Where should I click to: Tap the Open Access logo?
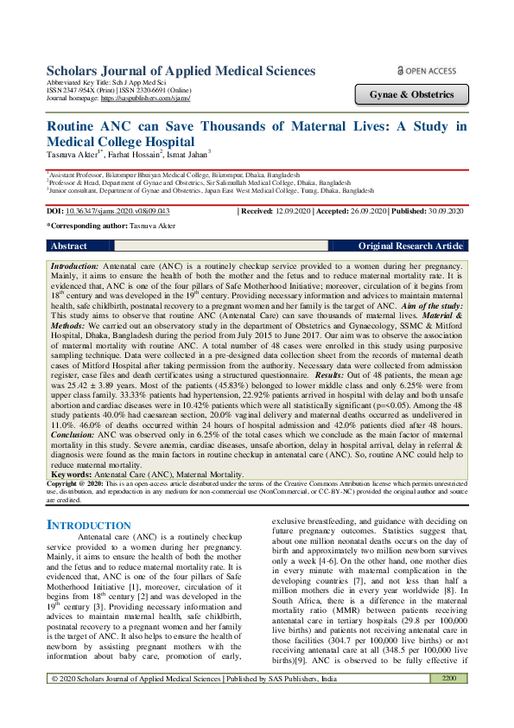(426, 70)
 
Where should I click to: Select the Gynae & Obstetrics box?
(411, 93)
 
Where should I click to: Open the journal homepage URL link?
(145, 99)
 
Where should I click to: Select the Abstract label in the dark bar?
(69, 246)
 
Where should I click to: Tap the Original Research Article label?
(410, 246)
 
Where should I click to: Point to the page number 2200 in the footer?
(448, 703)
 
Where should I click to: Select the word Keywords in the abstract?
(73, 475)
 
